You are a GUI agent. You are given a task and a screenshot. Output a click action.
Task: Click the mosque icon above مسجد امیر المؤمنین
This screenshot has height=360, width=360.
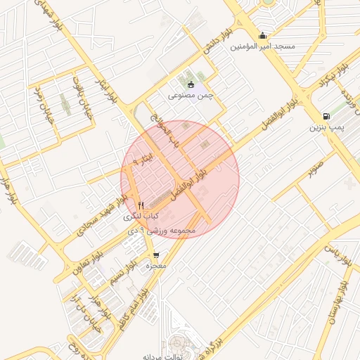263,37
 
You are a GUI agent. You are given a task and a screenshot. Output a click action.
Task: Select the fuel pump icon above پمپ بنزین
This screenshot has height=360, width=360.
326,117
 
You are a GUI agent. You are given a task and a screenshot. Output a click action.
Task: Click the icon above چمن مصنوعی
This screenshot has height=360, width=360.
191,84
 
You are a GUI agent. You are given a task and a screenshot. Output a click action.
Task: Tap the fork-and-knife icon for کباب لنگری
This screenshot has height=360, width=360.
141,205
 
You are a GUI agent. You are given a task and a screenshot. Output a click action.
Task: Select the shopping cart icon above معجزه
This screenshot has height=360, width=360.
155,255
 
